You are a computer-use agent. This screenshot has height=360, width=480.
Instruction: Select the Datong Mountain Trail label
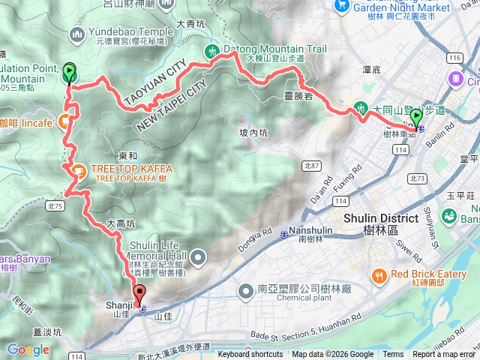tap(274, 49)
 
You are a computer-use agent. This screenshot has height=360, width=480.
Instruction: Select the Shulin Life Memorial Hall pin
tap(199, 258)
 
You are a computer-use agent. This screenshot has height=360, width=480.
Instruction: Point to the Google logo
tap(28, 349)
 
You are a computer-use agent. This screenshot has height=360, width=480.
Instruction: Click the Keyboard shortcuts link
tap(250, 355)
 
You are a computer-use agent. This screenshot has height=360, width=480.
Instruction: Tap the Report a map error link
tap(443, 355)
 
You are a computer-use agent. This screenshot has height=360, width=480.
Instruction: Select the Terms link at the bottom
tap(393, 355)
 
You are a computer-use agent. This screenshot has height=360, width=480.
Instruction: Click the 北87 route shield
tap(311, 165)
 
